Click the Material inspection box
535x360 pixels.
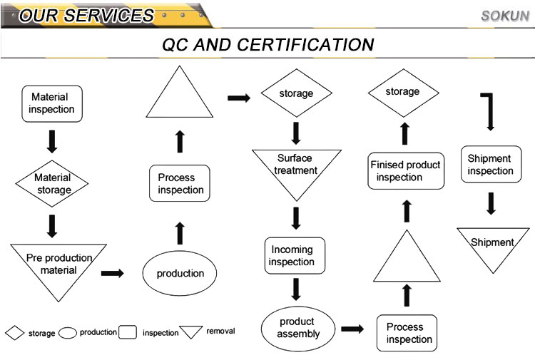pyautogui.click(x=52, y=103)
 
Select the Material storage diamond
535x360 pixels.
pyautogui.click(x=53, y=183)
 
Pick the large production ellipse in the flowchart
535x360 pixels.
pyautogui.click(x=180, y=273)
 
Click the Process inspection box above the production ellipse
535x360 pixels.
pyautogui.click(x=180, y=183)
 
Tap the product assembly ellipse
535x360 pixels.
pyautogui.click(x=298, y=328)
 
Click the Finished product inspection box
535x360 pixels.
pyautogui.click(x=405, y=170)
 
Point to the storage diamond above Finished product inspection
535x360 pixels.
pyautogui.click(x=402, y=92)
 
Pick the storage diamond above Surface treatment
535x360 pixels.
pyautogui.click(x=296, y=93)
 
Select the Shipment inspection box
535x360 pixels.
pyautogui.click(x=490, y=165)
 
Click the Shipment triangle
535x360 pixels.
pyautogui.click(x=492, y=245)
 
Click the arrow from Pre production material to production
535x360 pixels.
pyautogui.click(x=112, y=272)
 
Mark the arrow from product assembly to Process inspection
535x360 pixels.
pyautogui.click(x=352, y=329)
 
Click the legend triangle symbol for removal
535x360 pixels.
pyautogui.click(x=190, y=331)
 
